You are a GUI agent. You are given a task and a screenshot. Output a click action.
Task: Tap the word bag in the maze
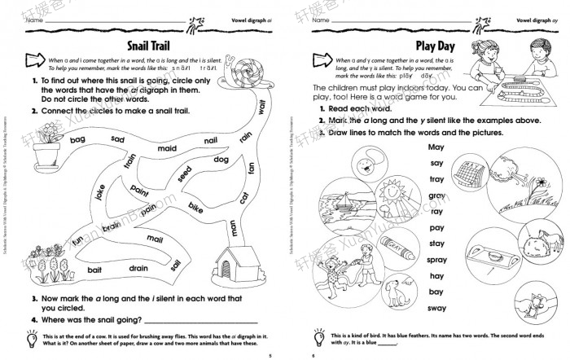tap(78, 140)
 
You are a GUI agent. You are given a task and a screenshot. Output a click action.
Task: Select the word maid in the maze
tap(166, 149)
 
